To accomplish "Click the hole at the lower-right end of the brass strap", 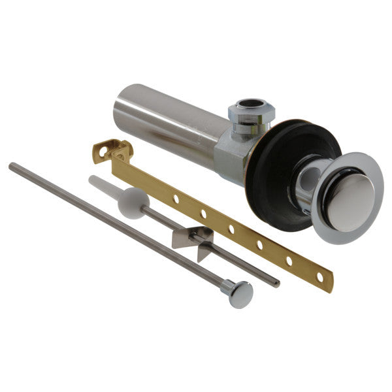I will (319, 276).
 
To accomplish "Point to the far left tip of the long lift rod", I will (12, 166).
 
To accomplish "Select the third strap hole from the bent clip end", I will (231, 229).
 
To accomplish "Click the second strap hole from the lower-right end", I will (289, 260).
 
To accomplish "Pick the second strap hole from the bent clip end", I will (204, 213).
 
